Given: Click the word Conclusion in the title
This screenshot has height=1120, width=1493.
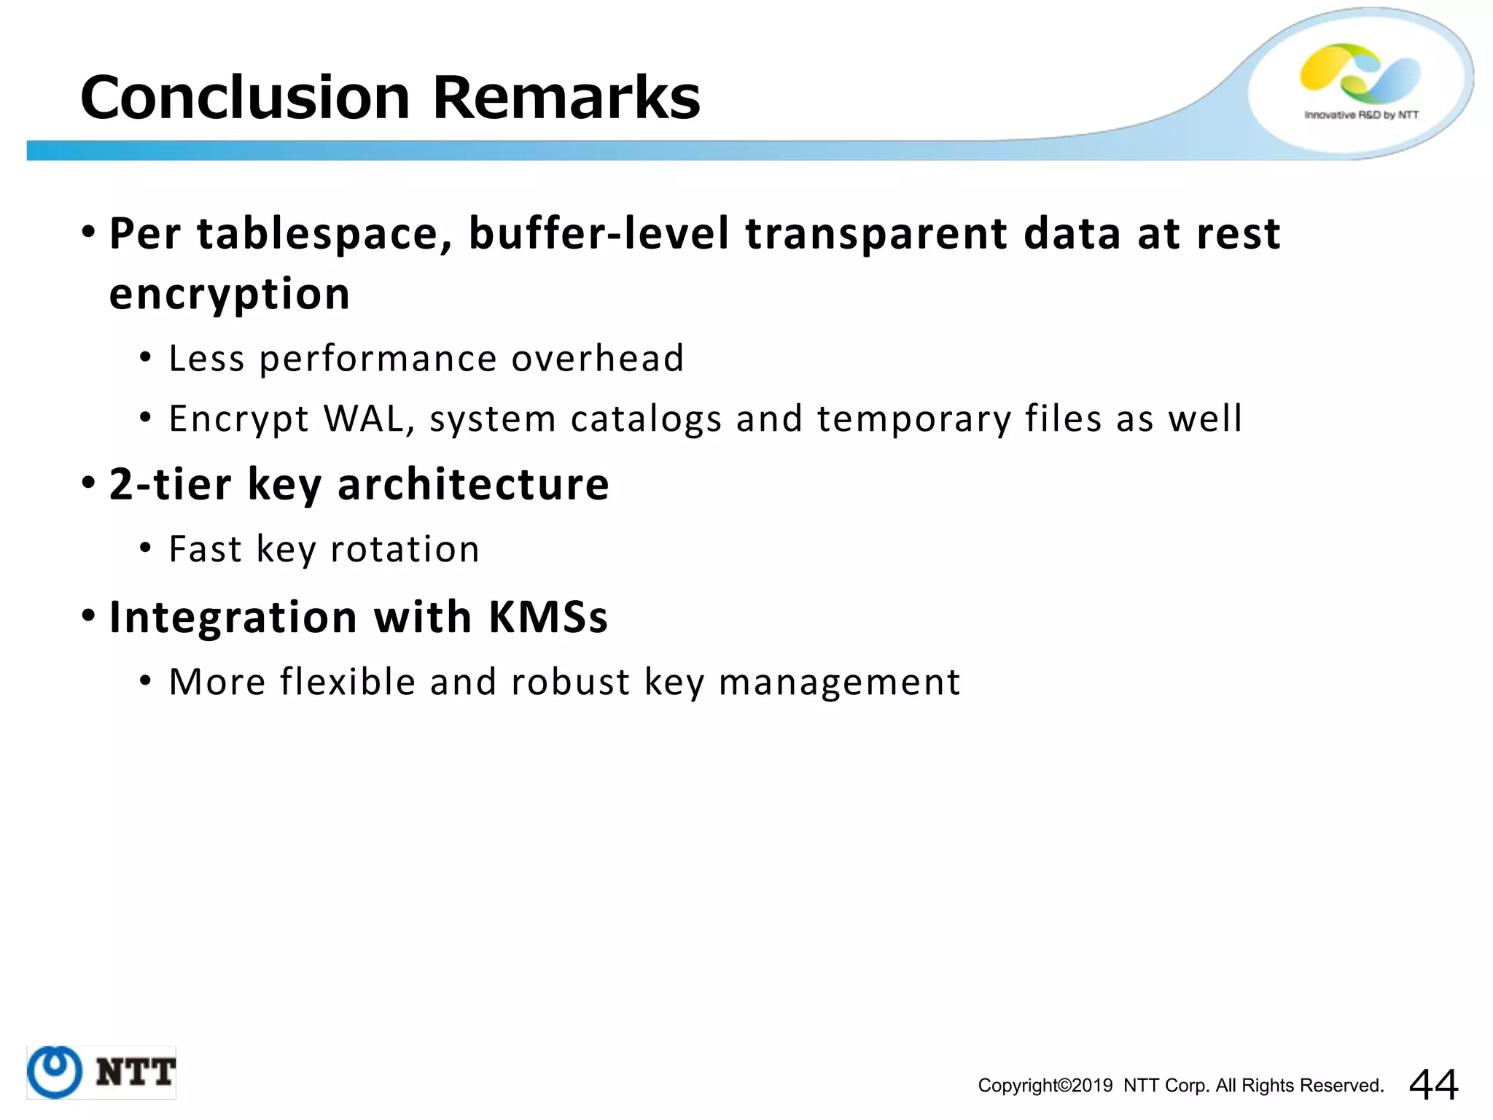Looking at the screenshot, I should [245, 98].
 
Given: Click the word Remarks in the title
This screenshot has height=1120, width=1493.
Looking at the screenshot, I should [566, 98].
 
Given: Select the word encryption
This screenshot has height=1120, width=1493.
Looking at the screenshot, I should [230, 295].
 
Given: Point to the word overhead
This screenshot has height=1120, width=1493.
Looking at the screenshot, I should [597, 359].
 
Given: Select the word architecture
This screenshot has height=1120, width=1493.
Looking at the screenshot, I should [473, 485].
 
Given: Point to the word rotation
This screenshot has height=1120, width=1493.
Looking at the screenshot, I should [405, 550].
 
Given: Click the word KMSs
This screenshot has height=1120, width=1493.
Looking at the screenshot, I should [548, 618].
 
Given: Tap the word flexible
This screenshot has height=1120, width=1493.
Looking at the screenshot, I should [348, 682].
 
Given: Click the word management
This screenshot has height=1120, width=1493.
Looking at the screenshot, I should [840, 682].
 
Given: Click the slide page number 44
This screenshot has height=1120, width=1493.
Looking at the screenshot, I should [1433, 1084].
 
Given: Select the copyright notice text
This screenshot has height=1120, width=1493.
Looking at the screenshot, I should [1180, 1086].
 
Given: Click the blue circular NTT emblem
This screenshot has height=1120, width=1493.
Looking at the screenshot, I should [54, 1072].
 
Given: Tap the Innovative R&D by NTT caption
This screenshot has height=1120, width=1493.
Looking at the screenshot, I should [1361, 115].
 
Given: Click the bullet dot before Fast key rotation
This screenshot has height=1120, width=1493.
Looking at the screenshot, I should [146, 548].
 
